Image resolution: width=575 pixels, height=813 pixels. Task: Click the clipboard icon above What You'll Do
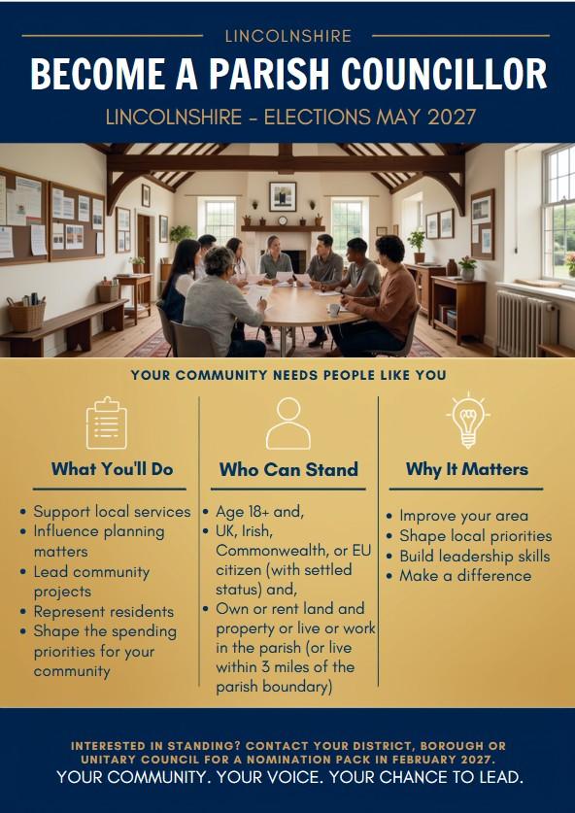tap(106, 423)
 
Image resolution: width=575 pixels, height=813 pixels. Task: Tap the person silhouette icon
tap(288, 423)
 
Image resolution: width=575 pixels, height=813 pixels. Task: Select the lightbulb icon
tap(468, 421)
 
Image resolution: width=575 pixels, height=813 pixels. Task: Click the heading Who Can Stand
tap(288, 469)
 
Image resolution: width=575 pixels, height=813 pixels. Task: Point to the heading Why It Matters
tap(467, 469)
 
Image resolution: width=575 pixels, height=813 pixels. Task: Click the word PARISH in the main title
tap(271, 74)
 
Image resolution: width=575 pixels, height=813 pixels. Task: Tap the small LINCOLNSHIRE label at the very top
tap(288, 36)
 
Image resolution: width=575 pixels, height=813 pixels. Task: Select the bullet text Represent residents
tap(104, 612)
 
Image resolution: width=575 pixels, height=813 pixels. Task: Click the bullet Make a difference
tap(465, 576)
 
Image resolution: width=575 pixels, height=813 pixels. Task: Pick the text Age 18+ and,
tap(259, 512)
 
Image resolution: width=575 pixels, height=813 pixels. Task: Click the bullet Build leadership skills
tap(474, 556)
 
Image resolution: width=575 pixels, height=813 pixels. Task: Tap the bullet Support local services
tap(112, 512)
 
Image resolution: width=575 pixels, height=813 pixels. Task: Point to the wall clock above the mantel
tap(283, 220)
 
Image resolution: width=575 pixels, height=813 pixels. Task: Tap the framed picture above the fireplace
tap(283, 196)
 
